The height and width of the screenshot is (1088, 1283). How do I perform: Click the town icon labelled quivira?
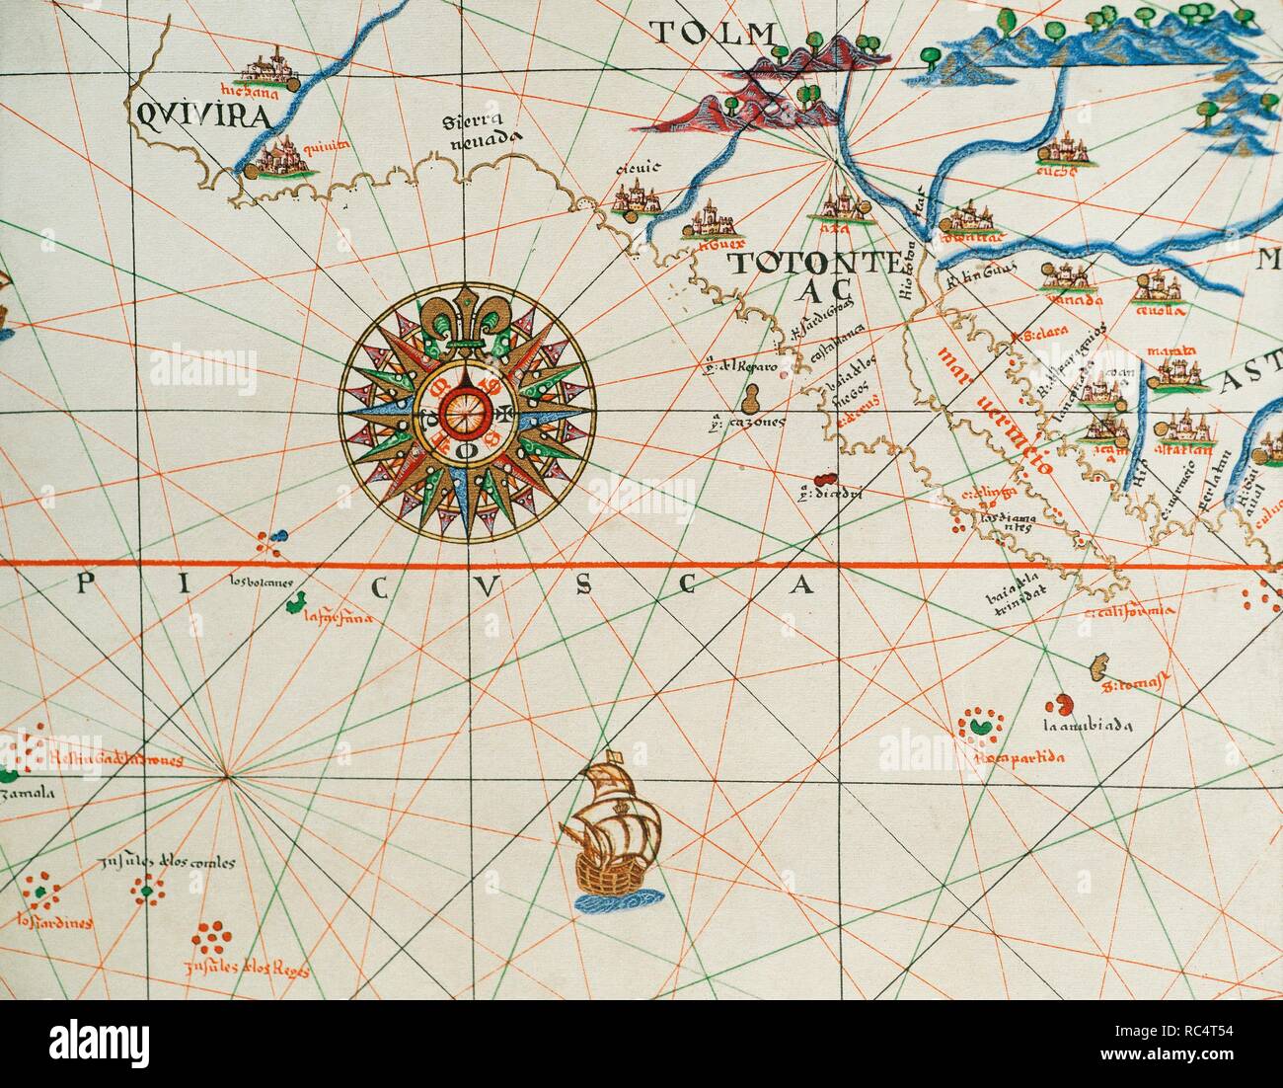(x=275, y=159)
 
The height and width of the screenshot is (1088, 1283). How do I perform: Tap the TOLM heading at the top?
(x=713, y=34)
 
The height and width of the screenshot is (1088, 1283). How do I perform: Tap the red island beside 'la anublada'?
(x=1062, y=705)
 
